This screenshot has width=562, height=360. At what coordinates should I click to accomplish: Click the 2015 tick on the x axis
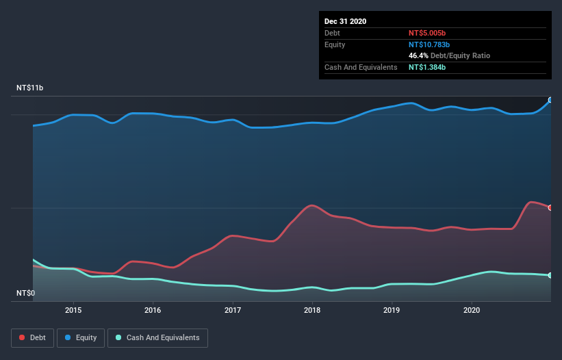(x=73, y=310)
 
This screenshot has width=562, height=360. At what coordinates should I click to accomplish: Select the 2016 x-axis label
(x=153, y=310)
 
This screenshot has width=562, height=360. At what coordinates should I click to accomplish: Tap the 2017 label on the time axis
(x=233, y=310)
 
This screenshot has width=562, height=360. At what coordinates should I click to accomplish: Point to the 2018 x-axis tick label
(x=312, y=310)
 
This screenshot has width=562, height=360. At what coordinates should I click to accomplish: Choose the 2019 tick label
(x=392, y=310)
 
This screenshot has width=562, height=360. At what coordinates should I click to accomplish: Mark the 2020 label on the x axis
(x=472, y=310)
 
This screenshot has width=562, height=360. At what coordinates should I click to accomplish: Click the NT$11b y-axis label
(x=29, y=88)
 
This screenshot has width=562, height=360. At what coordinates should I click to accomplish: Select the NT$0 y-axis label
(x=25, y=294)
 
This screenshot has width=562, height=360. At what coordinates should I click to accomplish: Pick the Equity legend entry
(x=81, y=337)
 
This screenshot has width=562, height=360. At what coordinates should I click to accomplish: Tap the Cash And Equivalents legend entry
(x=157, y=337)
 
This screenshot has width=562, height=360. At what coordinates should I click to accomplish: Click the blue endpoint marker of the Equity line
(x=550, y=100)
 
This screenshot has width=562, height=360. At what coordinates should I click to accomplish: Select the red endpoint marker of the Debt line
(x=550, y=207)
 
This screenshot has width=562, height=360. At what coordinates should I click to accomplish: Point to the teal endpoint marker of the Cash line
(x=550, y=275)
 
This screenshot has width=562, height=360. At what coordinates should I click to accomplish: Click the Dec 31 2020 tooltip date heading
(x=346, y=21)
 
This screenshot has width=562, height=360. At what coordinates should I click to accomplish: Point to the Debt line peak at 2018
(x=312, y=205)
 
